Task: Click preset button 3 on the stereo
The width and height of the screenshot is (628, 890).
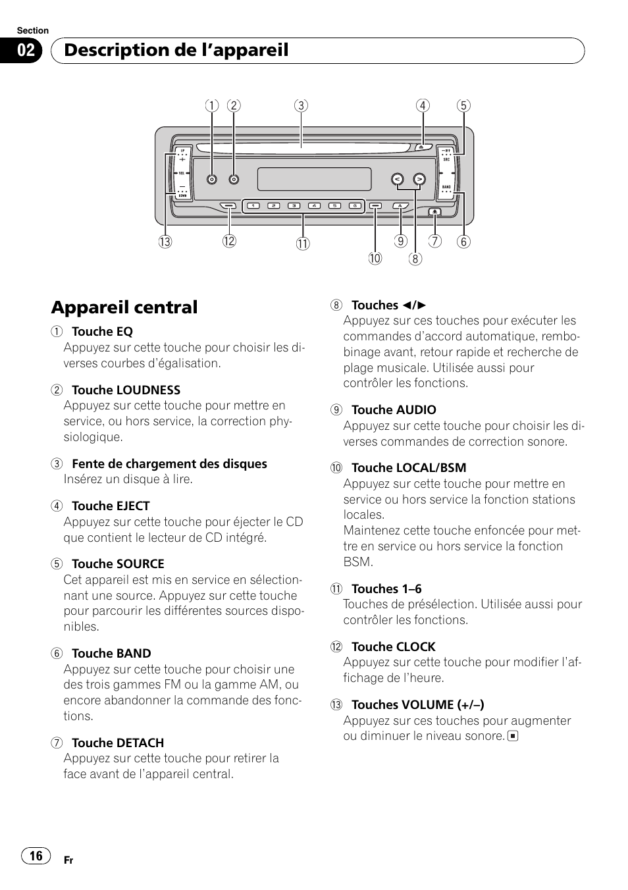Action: point(295,206)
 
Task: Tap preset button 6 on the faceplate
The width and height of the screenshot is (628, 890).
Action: point(355,206)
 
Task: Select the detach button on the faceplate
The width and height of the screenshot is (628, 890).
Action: point(434,211)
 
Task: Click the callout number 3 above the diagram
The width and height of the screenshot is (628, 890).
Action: point(301,105)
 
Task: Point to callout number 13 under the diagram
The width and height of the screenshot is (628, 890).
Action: point(165,242)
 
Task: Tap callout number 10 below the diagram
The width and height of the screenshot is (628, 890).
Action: point(375,259)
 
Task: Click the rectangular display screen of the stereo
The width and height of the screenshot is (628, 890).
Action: point(314,179)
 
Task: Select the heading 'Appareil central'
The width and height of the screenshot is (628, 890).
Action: point(124,307)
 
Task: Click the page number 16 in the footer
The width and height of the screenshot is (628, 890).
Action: point(36,855)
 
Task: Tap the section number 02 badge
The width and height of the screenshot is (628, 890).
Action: point(26,51)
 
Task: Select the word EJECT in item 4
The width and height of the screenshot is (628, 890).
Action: point(133,506)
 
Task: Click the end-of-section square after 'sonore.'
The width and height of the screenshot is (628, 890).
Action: point(513,736)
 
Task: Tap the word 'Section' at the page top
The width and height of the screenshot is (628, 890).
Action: point(33,30)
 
